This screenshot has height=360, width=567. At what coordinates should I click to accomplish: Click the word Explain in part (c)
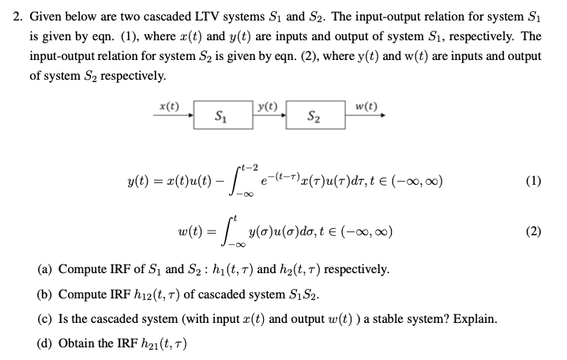[x=474, y=320]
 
